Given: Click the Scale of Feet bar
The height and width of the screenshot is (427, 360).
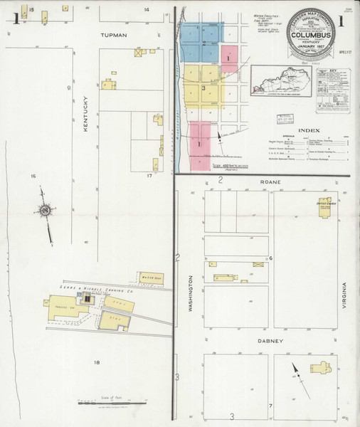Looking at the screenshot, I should click(107, 404).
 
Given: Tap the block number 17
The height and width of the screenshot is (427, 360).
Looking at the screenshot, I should click(149, 174).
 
